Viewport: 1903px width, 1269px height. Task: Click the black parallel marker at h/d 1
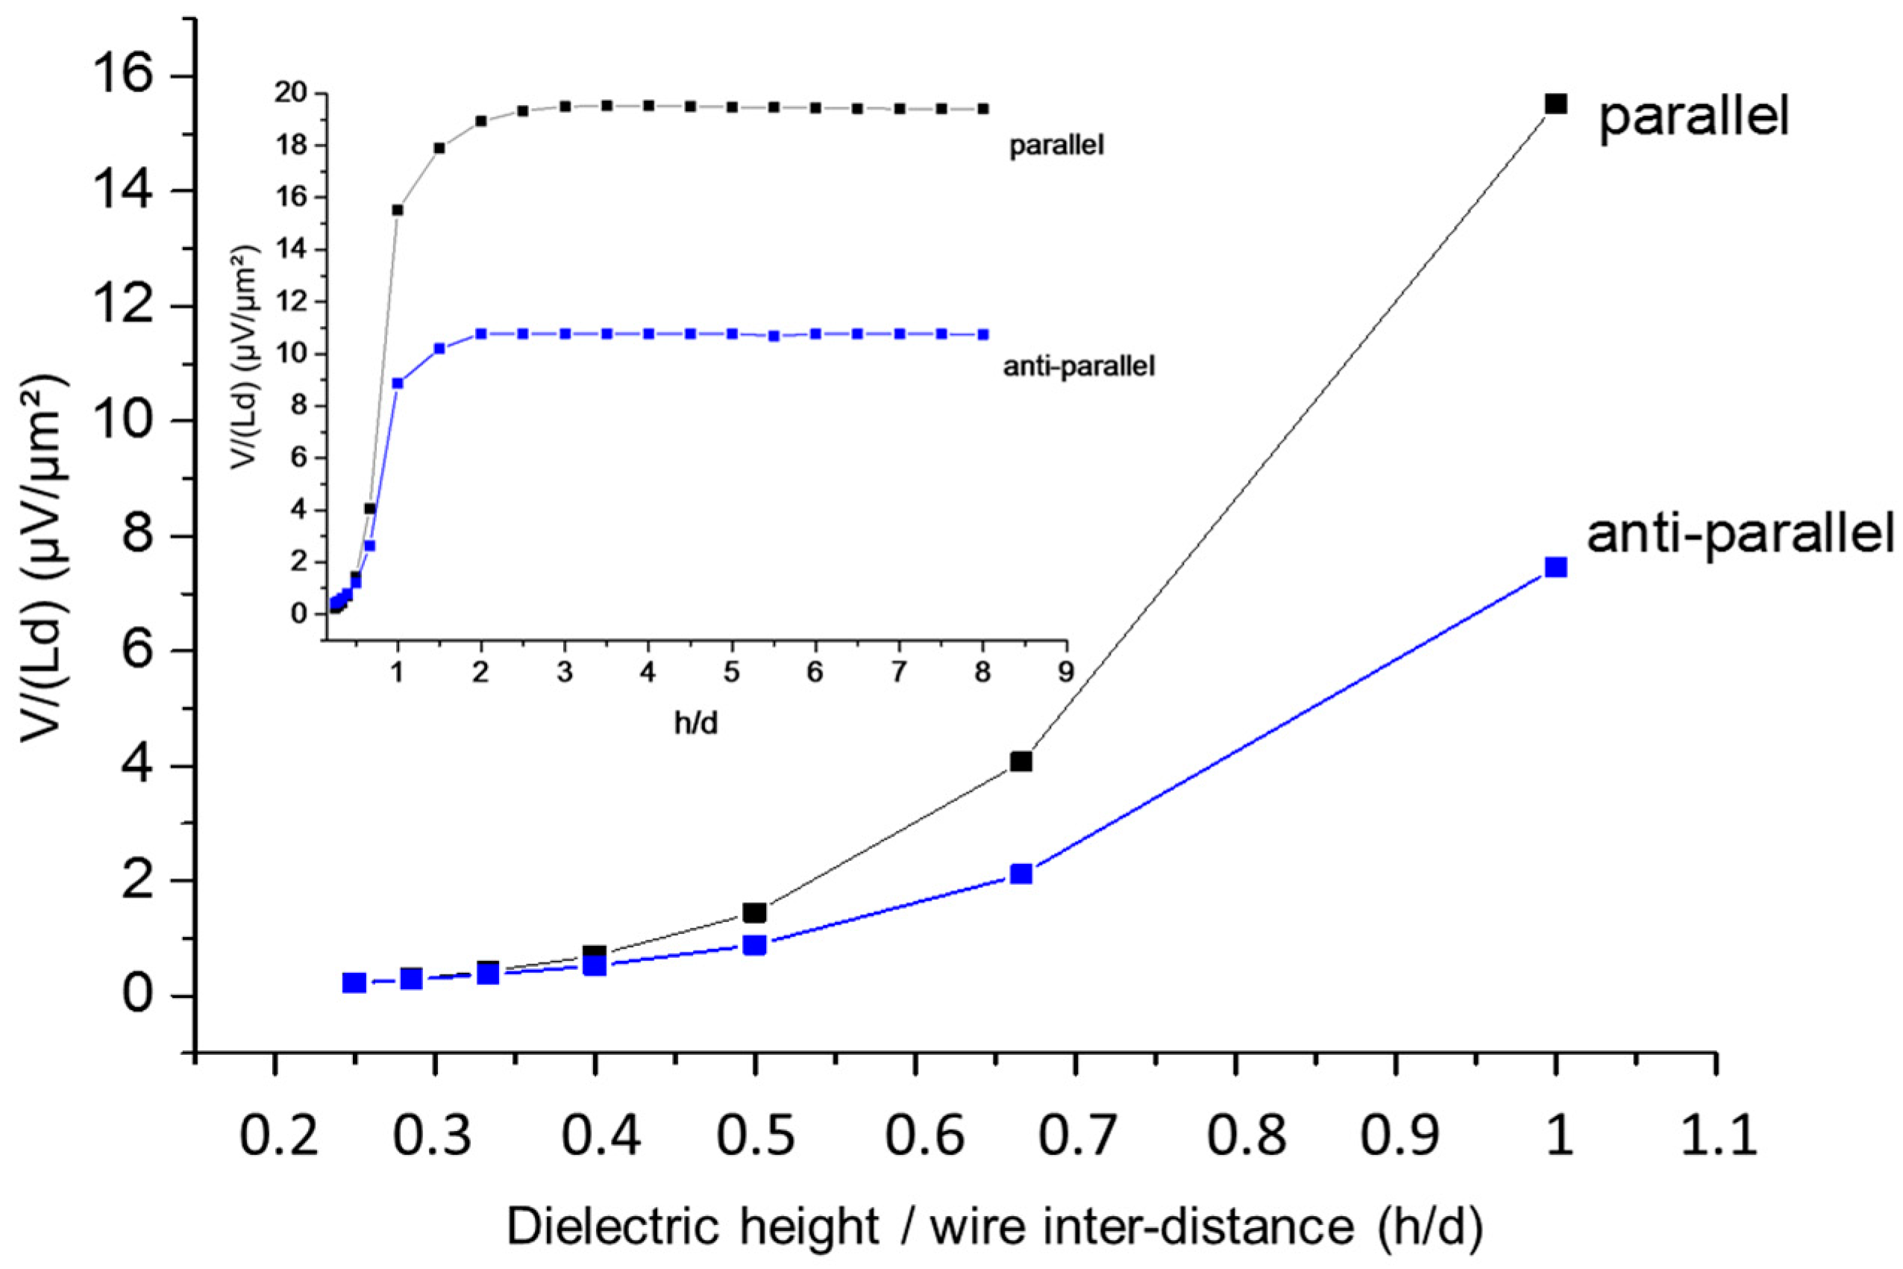(x=1555, y=104)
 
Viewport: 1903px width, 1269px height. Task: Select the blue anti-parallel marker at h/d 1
(x=1555, y=566)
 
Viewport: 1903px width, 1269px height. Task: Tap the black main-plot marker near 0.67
(x=1021, y=762)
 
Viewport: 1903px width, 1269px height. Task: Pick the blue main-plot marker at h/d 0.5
(x=754, y=944)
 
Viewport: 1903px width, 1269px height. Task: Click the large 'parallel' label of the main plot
(x=1694, y=118)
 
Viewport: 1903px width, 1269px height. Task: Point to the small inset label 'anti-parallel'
(x=1079, y=366)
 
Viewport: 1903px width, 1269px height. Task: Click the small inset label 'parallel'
(x=1056, y=146)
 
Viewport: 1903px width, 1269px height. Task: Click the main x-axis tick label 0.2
(x=277, y=1135)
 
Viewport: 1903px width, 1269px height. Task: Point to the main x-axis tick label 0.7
(x=1076, y=1135)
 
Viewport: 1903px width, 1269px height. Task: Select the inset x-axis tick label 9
(x=1067, y=672)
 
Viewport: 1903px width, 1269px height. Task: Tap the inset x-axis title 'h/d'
(x=696, y=723)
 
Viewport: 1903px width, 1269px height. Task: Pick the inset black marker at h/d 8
(x=983, y=108)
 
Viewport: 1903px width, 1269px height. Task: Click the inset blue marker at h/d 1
(x=398, y=383)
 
